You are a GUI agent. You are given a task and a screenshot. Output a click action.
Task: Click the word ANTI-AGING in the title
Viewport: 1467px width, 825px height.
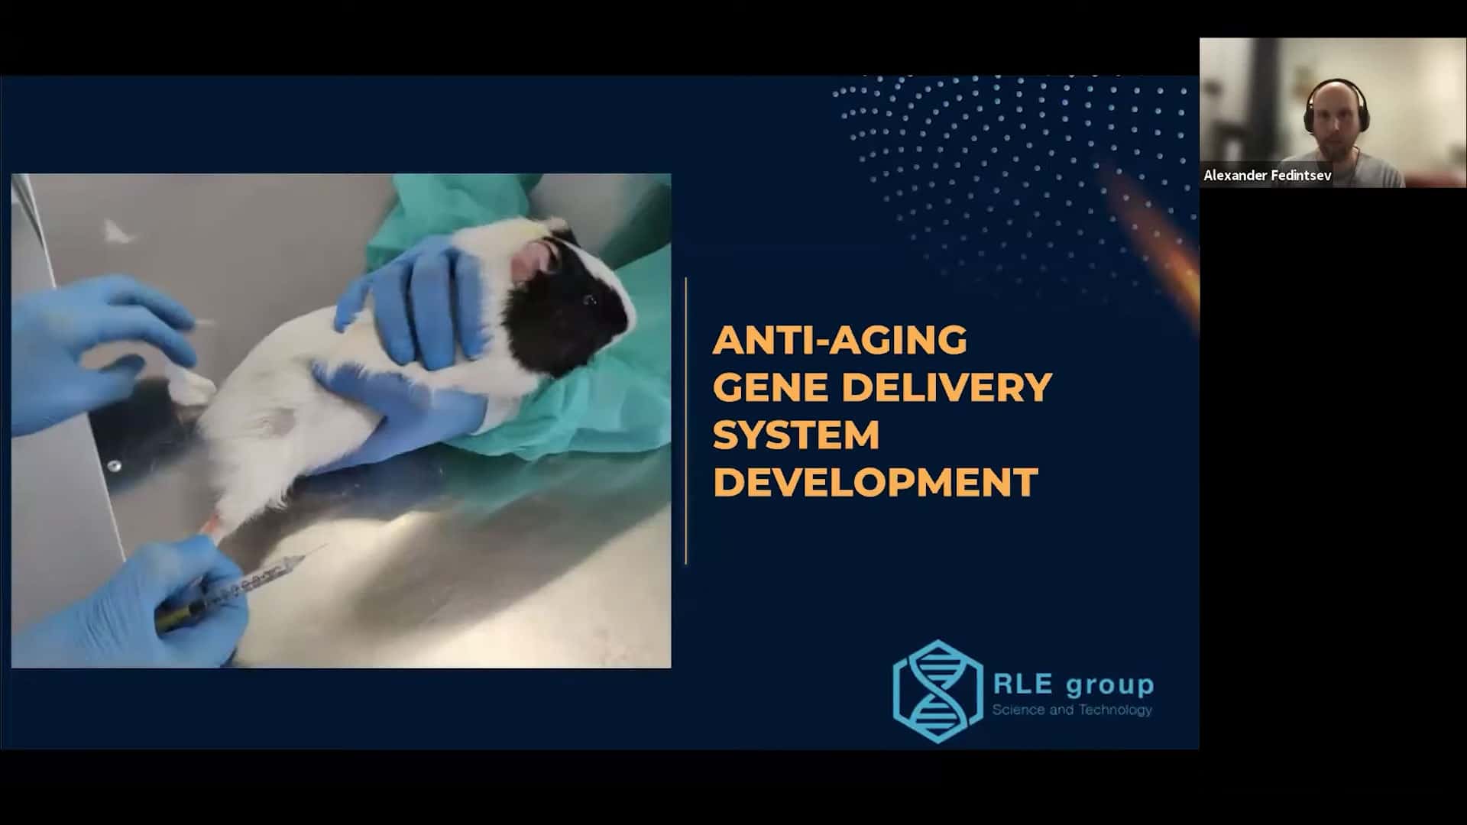tap(840, 340)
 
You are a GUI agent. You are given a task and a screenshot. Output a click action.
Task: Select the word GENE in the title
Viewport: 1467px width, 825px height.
tap(770, 387)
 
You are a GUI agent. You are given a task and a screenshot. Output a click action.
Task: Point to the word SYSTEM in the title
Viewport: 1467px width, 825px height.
tap(796, 435)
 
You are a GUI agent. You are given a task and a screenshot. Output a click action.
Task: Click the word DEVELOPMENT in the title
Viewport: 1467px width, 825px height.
tap(876, 482)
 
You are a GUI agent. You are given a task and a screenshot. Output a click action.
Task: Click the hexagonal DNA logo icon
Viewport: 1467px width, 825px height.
tap(938, 691)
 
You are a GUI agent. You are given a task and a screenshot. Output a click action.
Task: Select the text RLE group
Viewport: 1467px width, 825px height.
tap(1073, 684)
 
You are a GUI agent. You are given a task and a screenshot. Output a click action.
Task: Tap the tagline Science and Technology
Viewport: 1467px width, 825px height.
tap(1072, 710)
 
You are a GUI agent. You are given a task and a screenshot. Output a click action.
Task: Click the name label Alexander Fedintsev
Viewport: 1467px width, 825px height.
tap(1268, 176)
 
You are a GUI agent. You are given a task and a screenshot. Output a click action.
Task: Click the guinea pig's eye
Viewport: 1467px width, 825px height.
tap(589, 300)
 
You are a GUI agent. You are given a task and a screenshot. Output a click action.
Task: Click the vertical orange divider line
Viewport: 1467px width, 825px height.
tap(686, 421)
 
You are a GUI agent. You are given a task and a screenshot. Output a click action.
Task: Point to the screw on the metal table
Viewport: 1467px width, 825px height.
tap(114, 465)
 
